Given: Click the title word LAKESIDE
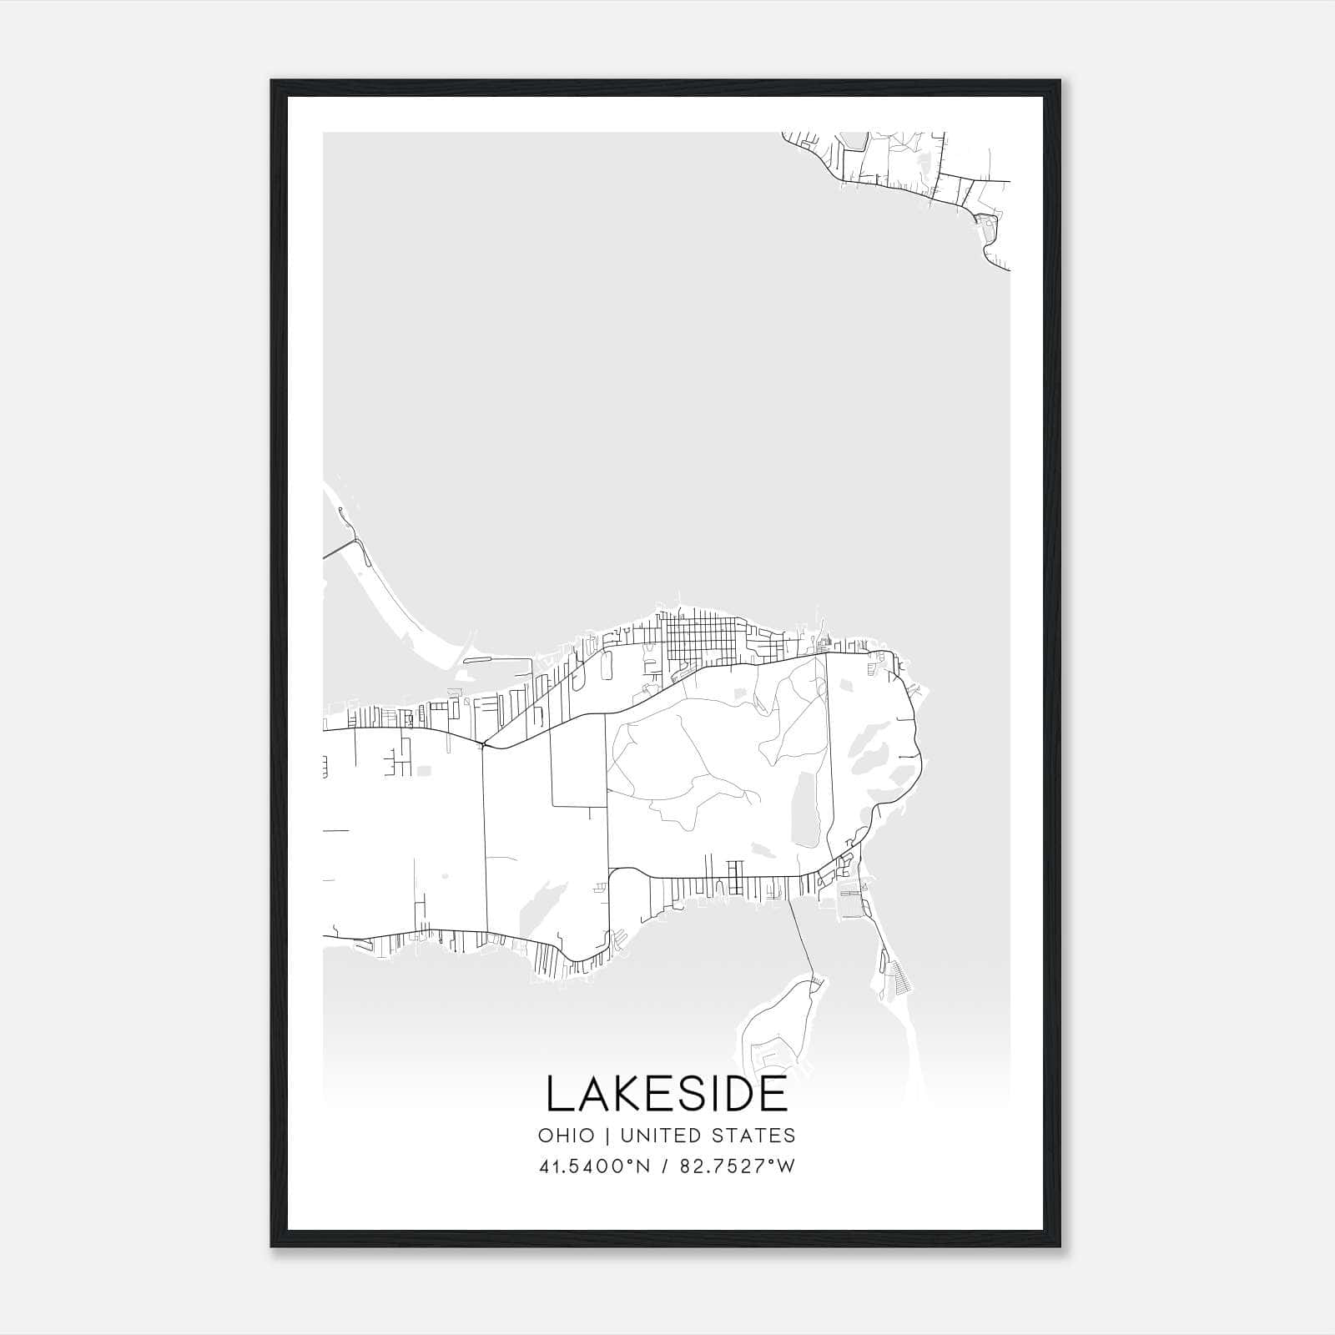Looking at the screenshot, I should (x=667, y=1095).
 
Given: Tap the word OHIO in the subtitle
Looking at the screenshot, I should (x=567, y=1136).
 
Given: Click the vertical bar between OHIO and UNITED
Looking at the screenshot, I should (x=605, y=1136).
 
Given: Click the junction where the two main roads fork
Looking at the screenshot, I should (x=484, y=743).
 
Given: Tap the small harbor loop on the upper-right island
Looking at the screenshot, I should (x=986, y=225).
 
